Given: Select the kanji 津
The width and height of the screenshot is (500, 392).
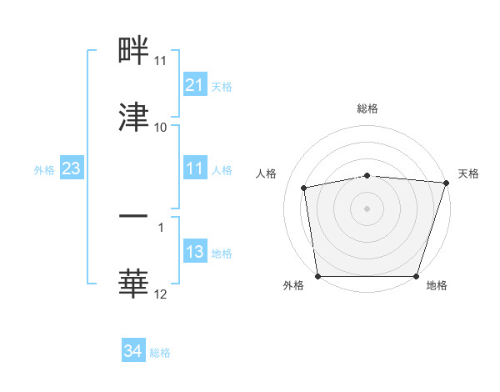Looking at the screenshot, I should pos(133,117).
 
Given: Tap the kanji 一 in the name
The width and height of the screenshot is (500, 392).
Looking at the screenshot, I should pos(133,216).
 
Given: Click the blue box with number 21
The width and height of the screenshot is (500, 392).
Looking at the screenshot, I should pos(194,85).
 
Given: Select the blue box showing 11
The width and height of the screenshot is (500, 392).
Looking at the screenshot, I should pos(194,168).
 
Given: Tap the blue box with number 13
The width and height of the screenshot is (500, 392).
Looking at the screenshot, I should pos(194,252).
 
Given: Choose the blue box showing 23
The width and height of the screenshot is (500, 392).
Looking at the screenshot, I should pos(71,168).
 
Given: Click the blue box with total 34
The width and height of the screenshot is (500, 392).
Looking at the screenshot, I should pos(132,351).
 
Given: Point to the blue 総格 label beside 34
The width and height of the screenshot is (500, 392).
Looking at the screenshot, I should pos(161,353).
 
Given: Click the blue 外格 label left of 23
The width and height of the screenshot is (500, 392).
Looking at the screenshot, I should pos(44,169).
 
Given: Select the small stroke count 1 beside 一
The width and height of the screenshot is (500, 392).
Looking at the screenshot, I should pos(161,227).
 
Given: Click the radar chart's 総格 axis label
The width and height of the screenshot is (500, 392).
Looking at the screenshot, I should pos(367,108).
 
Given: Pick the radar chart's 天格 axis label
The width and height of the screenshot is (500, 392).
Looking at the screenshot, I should pos(469,173).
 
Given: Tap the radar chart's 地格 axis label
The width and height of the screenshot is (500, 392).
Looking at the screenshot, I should pos(437,286).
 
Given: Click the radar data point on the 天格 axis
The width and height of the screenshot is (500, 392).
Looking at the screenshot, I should pos(446,183).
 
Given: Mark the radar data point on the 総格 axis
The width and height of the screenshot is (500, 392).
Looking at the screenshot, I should pos(367,175).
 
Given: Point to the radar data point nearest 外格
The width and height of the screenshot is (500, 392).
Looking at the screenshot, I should pos(318,276).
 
